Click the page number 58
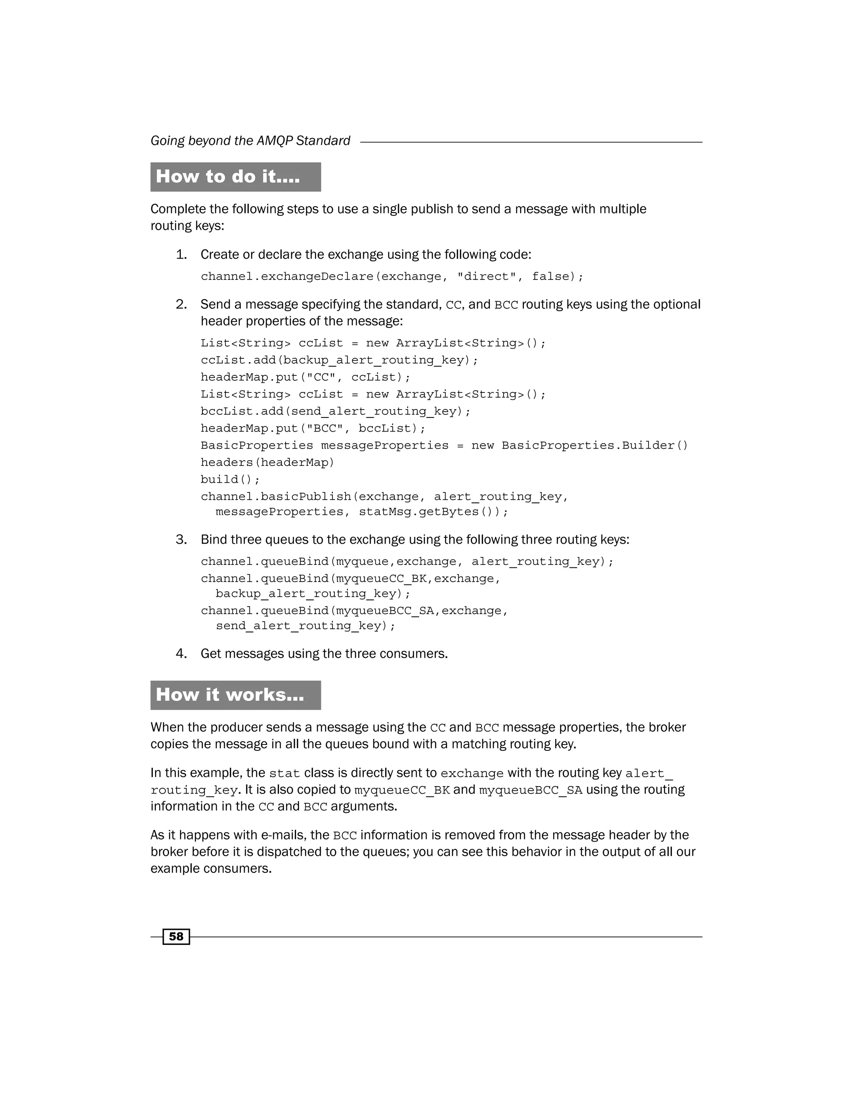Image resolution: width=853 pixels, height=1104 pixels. [176, 937]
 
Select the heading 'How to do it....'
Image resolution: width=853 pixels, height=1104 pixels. [228, 177]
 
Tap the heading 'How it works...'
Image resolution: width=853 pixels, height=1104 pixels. [230, 695]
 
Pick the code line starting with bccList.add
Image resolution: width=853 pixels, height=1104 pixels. [336, 412]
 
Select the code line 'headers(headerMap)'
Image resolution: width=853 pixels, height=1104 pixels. [267, 462]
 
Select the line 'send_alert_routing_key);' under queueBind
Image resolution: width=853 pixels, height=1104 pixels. [305, 626]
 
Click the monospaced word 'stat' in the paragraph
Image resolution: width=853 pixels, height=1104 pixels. [284, 773]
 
